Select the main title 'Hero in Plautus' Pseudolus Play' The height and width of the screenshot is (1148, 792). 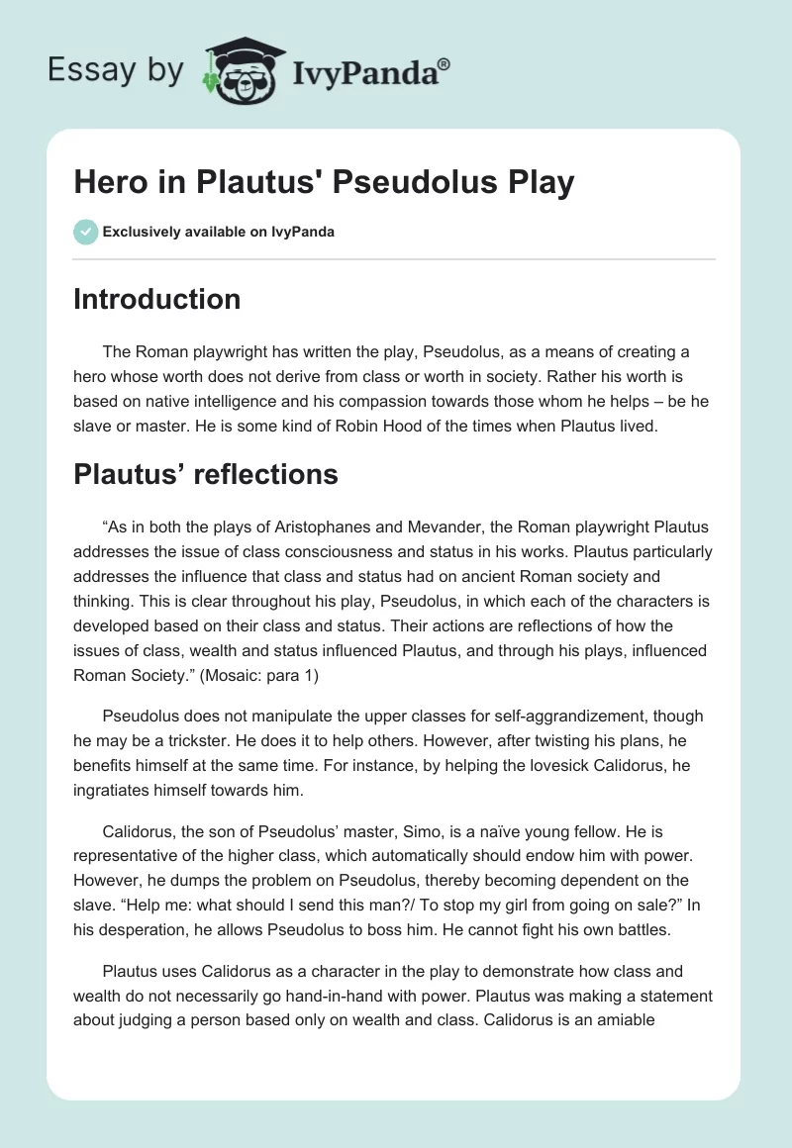coord(324,183)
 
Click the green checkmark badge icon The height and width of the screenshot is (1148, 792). coord(85,232)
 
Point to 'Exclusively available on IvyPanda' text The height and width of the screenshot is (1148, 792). coord(219,233)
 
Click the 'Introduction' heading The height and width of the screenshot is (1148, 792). coord(156,299)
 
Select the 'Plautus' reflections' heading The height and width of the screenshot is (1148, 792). coord(205,474)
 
